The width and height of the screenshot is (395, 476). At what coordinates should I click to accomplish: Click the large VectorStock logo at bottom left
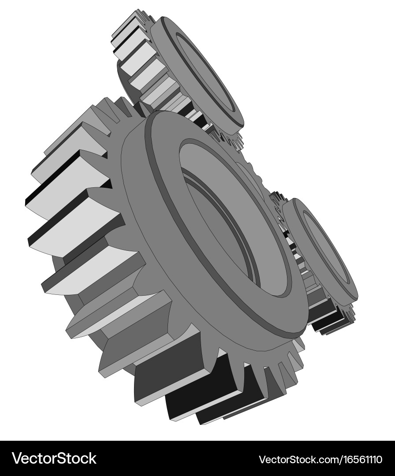pos(54,458)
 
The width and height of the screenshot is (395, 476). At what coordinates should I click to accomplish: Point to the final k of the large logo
pos(92,458)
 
